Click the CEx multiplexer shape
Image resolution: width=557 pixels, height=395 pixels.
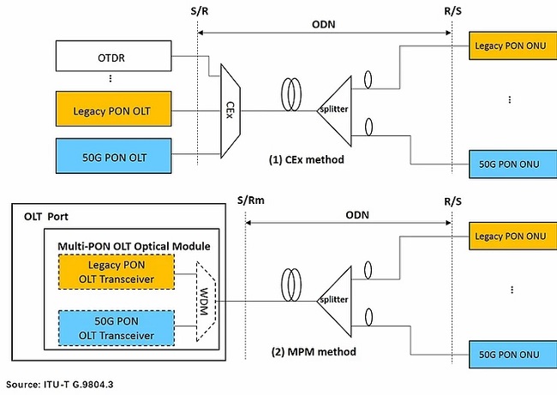coord(231,110)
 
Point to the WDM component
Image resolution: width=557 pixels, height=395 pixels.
coord(206,301)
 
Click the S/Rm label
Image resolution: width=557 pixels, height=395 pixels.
coord(247,202)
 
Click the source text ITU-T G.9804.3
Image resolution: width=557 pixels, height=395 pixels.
coord(59,385)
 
